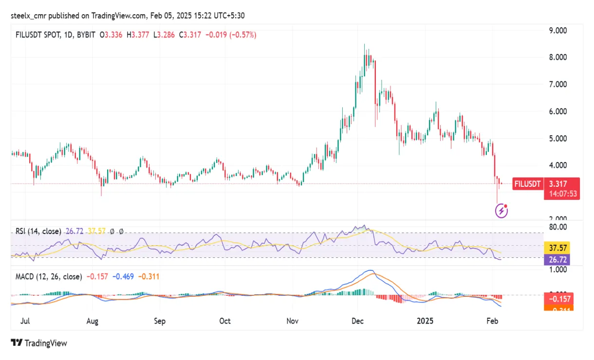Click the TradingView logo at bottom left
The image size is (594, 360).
point(39,343)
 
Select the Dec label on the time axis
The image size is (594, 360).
point(358,321)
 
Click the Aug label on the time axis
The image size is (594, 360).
point(93,321)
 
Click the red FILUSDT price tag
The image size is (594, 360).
point(528,184)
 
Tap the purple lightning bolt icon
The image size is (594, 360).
point(502,211)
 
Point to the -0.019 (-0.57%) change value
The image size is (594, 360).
point(231,35)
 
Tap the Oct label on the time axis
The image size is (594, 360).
point(225,321)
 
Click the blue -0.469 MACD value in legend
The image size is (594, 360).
point(124,277)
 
